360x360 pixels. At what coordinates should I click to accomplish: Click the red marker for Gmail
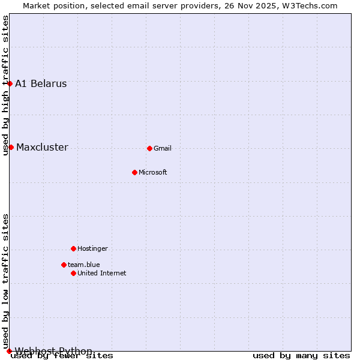149,148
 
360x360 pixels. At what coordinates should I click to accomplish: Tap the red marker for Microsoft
134,172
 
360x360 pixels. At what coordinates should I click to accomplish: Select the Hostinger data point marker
73,248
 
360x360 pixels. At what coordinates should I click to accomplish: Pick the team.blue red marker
64,265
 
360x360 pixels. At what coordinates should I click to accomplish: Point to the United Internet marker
73,273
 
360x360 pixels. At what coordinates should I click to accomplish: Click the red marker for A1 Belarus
10,83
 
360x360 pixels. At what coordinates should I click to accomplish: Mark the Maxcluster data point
11,147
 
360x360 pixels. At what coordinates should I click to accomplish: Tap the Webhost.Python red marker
9,351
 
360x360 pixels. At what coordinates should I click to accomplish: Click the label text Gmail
163,148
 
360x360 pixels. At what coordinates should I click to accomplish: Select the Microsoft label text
153,172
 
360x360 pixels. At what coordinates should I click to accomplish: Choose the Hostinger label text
92,248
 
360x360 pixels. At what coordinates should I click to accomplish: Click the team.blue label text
83,265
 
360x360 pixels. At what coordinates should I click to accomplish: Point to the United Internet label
101,273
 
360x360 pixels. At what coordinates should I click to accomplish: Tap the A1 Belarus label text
41,83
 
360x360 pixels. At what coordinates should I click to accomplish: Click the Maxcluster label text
42,147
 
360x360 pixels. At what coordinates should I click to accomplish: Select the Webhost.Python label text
53,351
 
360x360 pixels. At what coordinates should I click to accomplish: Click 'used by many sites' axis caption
301,356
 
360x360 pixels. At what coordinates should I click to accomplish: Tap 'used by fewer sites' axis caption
62,356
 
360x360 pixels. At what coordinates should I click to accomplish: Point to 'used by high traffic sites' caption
5,85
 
